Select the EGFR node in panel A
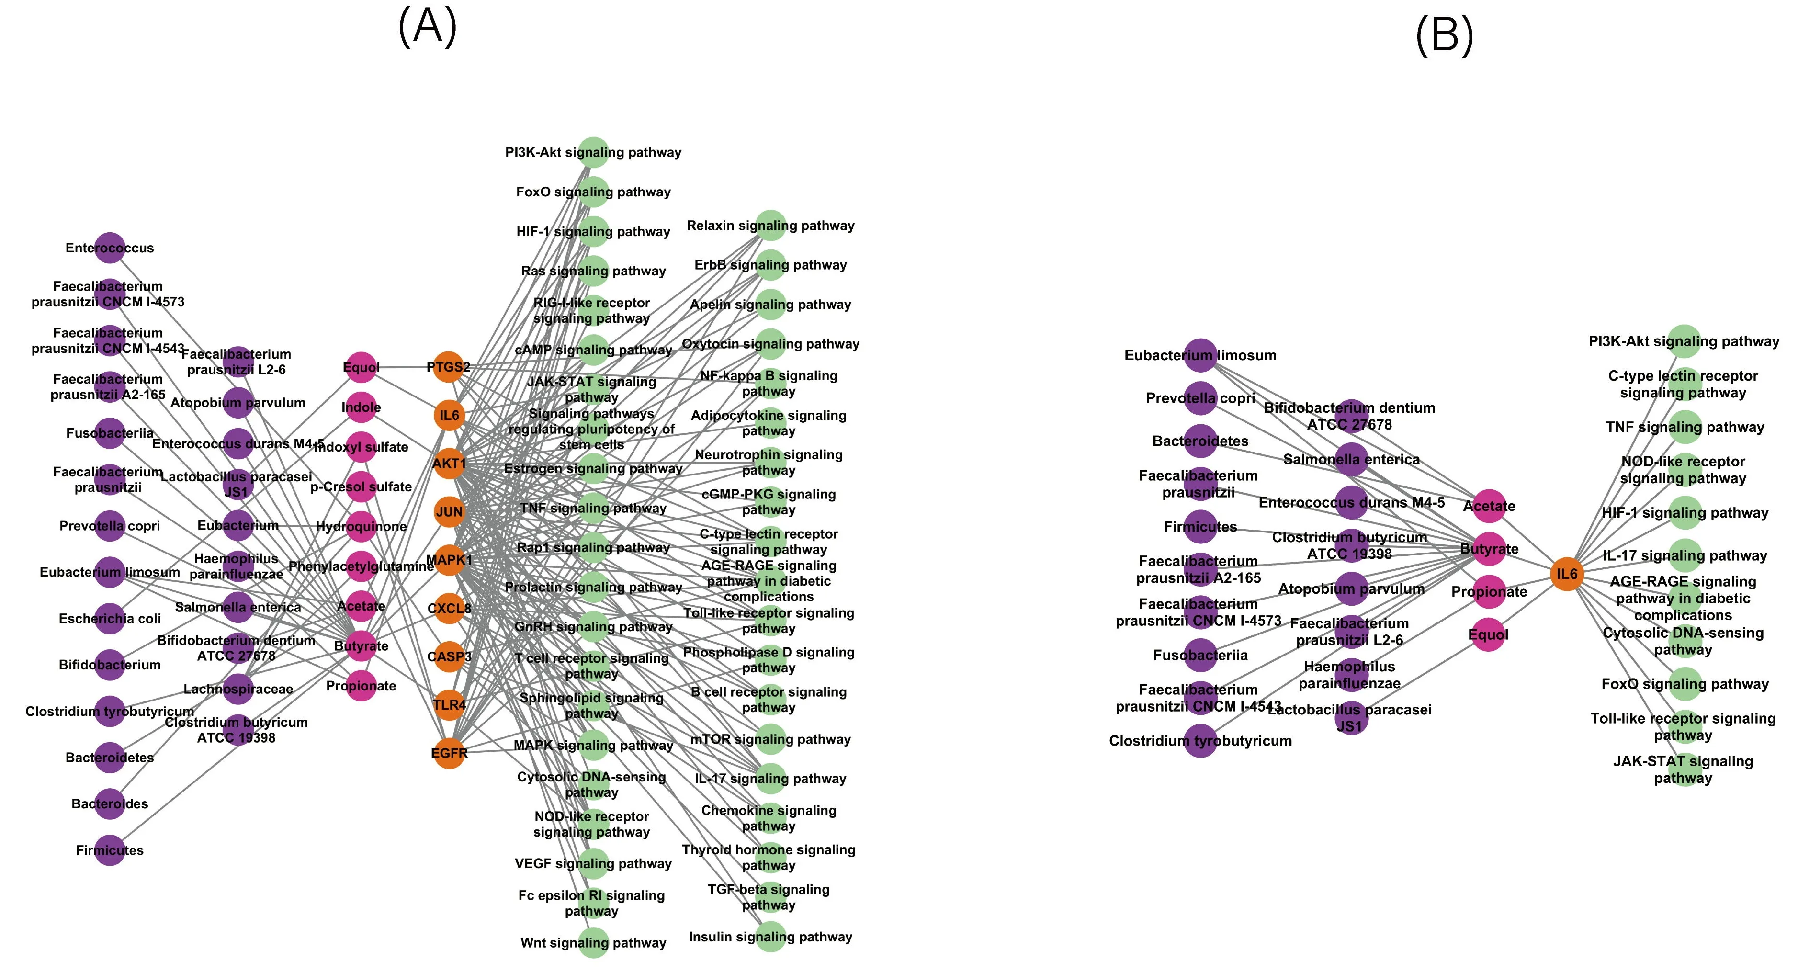click(x=449, y=752)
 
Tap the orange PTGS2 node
click(x=449, y=366)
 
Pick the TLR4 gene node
click(x=449, y=704)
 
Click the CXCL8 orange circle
click(x=449, y=608)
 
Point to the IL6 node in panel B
click(x=1567, y=574)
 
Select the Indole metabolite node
click(x=361, y=407)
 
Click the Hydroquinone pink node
click(x=361, y=526)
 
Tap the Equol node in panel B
click(x=1489, y=634)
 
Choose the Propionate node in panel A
click(x=361, y=685)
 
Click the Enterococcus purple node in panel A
click(x=110, y=248)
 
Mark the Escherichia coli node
click(x=110, y=619)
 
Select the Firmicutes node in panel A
click(x=110, y=850)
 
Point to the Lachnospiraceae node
click(x=238, y=689)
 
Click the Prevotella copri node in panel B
click(x=1200, y=398)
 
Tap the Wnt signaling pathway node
click(x=593, y=942)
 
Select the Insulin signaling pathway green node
click(x=770, y=937)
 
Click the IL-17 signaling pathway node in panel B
click(x=1684, y=555)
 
